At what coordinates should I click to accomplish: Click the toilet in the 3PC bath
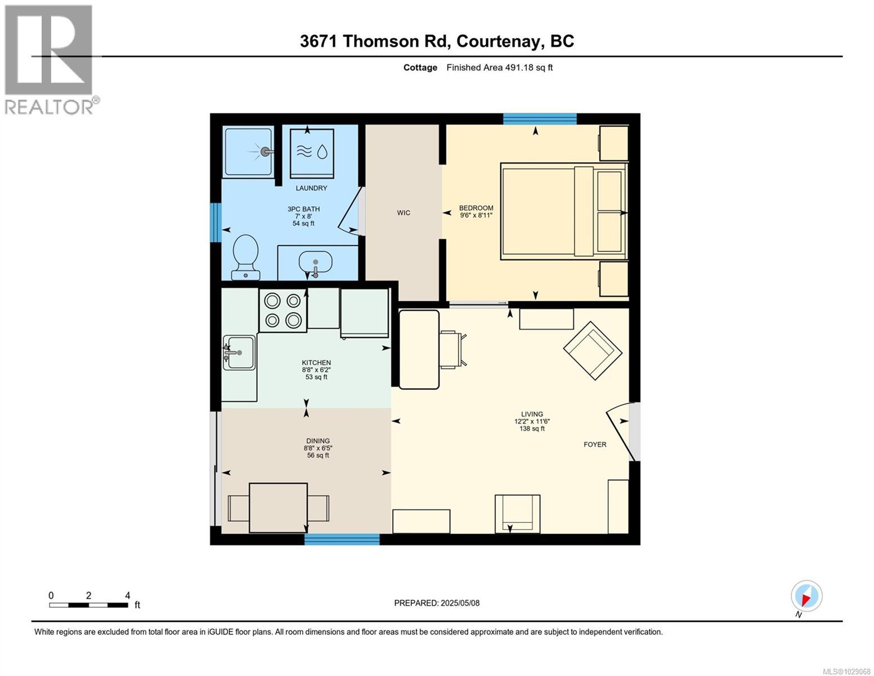[246, 255]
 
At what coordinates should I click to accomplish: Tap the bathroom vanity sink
[315, 263]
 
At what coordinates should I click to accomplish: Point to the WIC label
[404, 213]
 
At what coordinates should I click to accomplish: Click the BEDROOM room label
[476, 207]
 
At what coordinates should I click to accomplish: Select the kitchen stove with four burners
[283, 310]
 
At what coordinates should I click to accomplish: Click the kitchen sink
[239, 353]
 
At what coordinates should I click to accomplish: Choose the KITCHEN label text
[316, 363]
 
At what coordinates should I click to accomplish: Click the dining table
[278, 507]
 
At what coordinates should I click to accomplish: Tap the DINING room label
[318, 441]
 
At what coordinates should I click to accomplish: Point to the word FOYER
[595, 444]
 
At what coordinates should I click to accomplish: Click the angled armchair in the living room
[592, 350]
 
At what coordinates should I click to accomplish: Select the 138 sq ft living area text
[532, 429]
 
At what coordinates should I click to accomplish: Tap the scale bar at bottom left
[88, 605]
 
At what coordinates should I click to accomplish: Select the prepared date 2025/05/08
[437, 603]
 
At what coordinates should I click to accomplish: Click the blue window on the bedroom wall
[540, 118]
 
